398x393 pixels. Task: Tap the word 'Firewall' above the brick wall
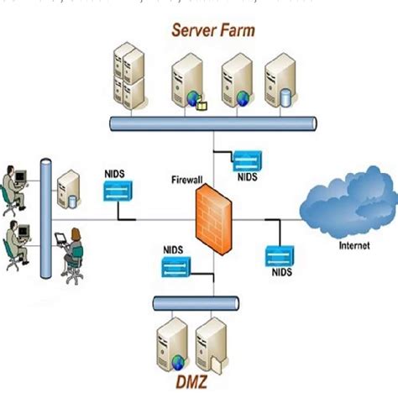(x=189, y=178)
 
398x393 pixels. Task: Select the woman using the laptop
(x=71, y=252)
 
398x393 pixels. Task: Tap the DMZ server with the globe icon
(x=172, y=346)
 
